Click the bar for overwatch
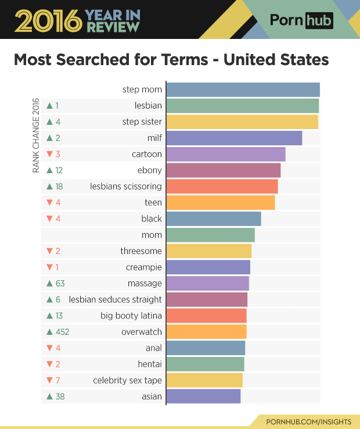206,332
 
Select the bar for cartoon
226,154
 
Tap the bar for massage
207,283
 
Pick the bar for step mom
243,90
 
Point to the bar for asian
203,396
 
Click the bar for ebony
224,170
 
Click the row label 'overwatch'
141,332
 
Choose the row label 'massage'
145,283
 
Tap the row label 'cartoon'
146,154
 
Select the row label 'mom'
152,235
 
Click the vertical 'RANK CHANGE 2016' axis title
35,135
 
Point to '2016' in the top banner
48,20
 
